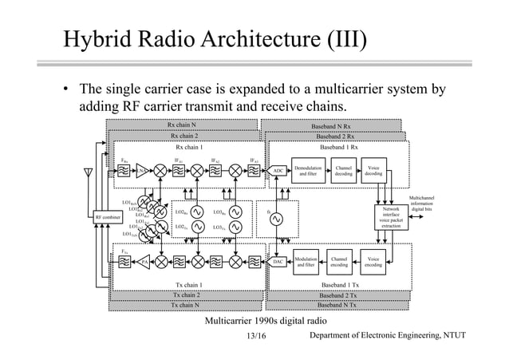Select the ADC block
click(278, 171)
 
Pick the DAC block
click(278, 261)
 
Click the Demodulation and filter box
click(307, 171)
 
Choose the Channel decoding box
click(343, 171)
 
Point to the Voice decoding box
click(373, 171)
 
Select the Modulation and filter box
click(306, 261)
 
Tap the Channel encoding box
click(340, 261)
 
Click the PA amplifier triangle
click(144, 261)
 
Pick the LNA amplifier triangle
click(142, 171)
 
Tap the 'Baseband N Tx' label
click(337, 305)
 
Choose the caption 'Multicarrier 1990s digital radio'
click(254, 320)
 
